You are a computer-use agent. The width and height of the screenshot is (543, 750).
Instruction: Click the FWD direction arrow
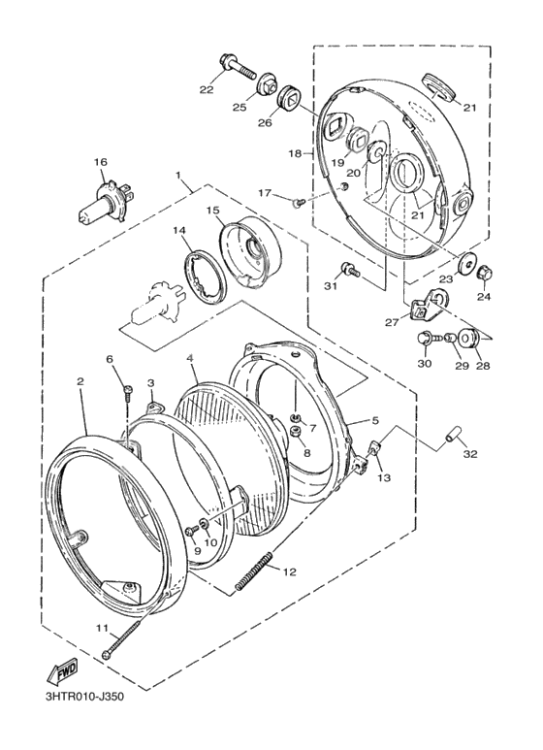pos(61,673)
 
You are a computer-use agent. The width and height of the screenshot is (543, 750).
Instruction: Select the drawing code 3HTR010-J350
pos(84,697)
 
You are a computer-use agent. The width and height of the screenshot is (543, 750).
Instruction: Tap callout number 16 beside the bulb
pos(101,163)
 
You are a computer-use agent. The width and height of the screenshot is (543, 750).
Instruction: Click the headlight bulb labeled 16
pos(106,203)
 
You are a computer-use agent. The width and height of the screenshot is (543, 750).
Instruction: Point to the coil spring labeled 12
pos(254,571)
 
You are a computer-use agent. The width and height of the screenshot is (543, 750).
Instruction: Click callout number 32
pos(470,454)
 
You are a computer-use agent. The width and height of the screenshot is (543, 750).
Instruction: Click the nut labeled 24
pos(485,273)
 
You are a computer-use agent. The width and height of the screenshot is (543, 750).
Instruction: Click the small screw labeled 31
pos(349,270)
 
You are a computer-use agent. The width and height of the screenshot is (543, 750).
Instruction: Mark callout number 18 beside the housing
pos(296,153)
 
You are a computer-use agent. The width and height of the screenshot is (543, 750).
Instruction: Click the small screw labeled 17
pos(298,204)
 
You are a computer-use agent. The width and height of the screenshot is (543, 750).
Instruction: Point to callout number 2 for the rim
pos(80,381)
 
